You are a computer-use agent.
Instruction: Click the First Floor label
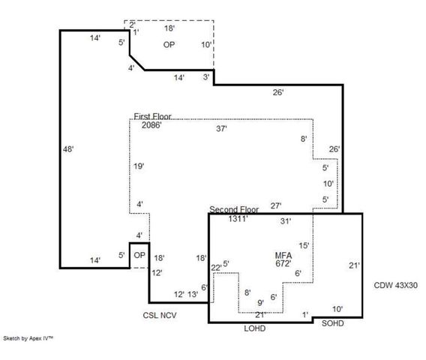(x=152, y=116)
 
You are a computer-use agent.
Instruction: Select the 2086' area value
(x=151, y=124)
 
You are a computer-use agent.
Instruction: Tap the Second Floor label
(x=233, y=208)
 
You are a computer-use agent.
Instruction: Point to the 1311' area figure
(x=238, y=218)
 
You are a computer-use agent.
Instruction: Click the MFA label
(x=283, y=255)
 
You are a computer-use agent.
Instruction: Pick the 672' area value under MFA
(x=283, y=263)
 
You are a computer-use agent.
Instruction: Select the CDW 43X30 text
(x=395, y=286)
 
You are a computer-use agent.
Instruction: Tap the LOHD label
(x=255, y=328)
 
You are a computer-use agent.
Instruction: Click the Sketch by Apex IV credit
(x=28, y=339)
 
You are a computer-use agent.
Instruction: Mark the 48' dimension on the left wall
(x=68, y=149)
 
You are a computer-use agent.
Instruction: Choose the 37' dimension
(x=221, y=129)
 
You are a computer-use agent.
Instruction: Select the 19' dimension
(x=139, y=166)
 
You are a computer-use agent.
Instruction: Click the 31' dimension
(x=285, y=221)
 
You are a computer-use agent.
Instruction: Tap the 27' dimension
(x=276, y=205)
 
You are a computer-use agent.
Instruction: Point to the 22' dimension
(x=216, y=267)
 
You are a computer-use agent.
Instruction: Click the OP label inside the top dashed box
(x=169, y=44)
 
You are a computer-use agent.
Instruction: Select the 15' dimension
(x=304, y=245)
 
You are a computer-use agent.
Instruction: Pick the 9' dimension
(x=260, y=302)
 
